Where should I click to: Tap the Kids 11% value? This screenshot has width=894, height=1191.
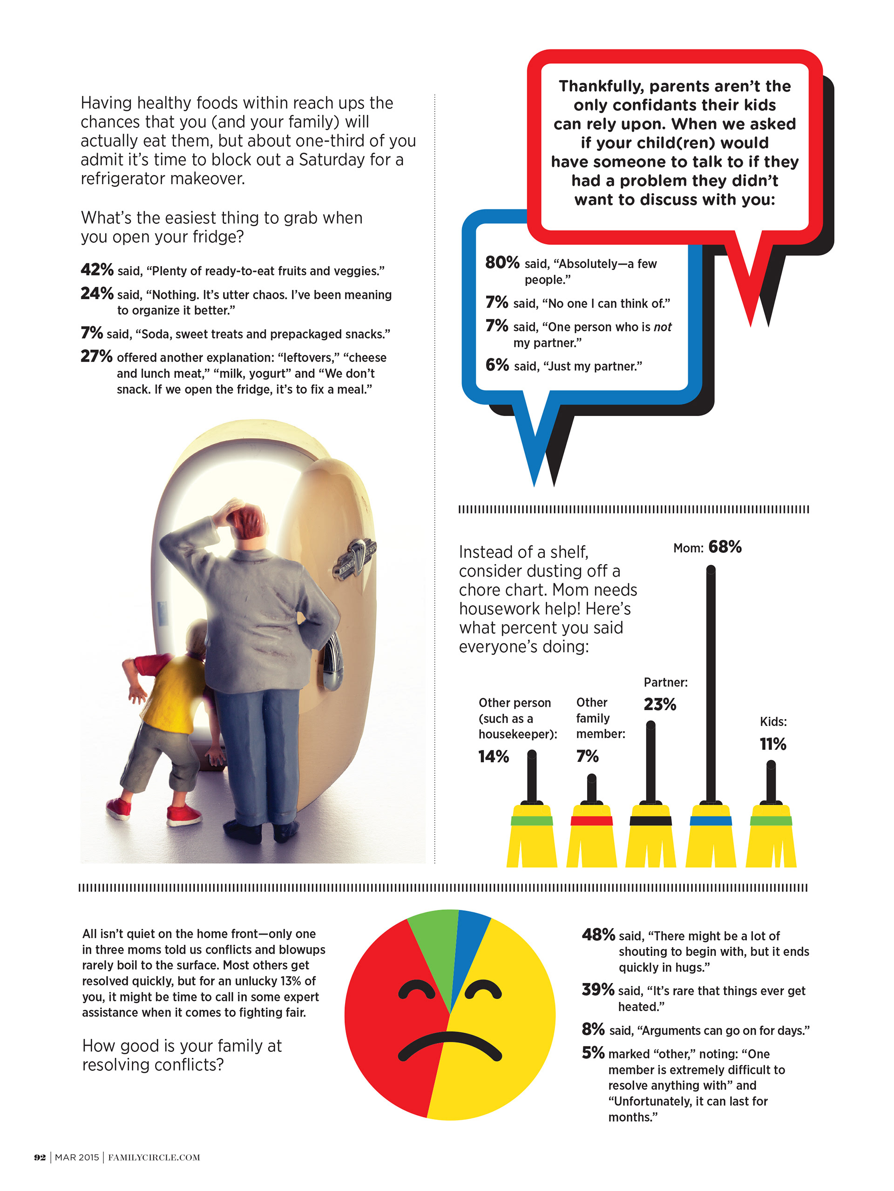(x=773, y=744)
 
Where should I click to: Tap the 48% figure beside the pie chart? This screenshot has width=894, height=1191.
(x=598, y=935)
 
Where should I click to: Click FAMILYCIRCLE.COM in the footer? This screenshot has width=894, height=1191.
(x=154, y=1157)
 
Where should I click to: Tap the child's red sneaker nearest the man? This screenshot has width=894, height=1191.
(x=183, y=815)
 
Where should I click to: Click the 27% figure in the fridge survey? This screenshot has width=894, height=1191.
(x=96, y=357)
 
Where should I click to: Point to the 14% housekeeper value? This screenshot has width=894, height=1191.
(x=493, y=756)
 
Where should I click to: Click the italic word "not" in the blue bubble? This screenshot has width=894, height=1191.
(x=663, y=327)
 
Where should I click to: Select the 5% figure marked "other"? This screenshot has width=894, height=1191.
(x=593, y=1053)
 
